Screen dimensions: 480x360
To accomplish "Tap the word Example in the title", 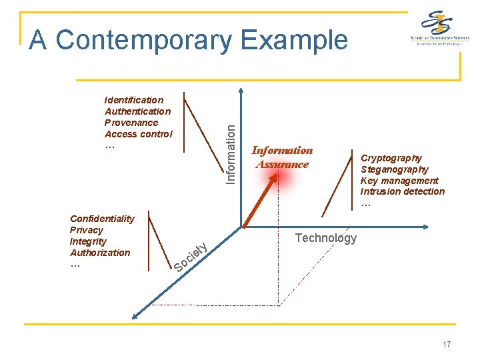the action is coord(294,40).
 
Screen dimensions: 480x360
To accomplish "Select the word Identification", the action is coord(134,100).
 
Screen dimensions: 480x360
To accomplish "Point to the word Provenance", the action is coord(131,123).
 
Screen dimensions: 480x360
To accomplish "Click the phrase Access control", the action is coord(138,134).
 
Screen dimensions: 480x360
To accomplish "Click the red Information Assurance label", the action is coord(282,157).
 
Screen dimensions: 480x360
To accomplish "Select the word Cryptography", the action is coord(391,158).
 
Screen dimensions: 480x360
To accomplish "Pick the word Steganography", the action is coord(395,169).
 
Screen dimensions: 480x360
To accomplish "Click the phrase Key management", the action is coord(399,181).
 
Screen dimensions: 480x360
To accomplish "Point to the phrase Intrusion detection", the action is coord(403,192).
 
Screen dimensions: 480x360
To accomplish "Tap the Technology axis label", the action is coord(325,238).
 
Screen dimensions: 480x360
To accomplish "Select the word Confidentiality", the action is coord(102,219).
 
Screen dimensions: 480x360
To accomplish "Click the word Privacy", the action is coord(87,230).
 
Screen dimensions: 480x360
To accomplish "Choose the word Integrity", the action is coord(88,241).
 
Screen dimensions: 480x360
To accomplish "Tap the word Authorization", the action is coord(100,253).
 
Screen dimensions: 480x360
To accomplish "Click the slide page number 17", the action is coord(446,345).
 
